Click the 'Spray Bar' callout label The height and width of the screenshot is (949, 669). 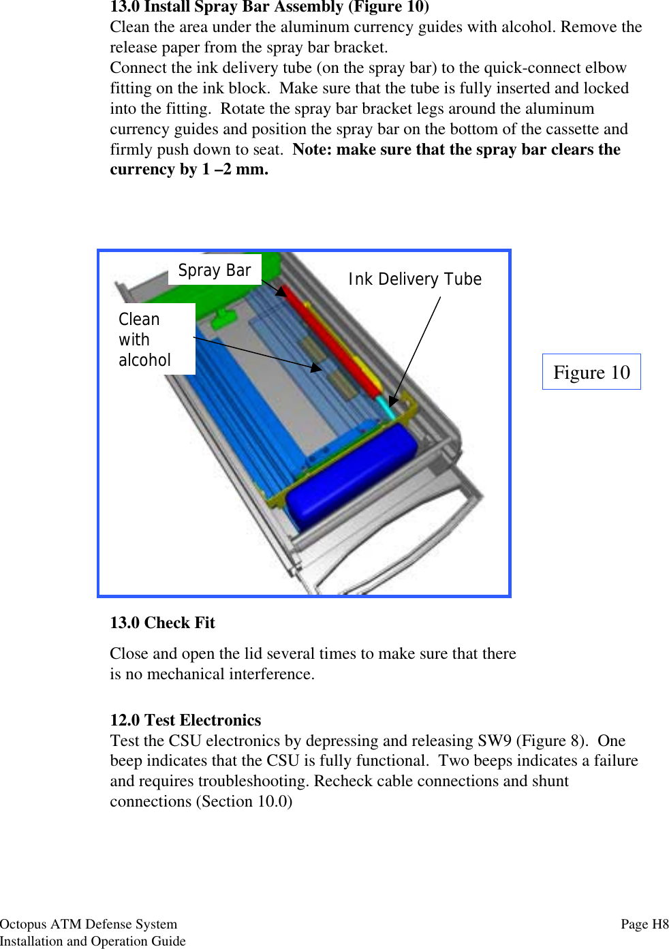pos(215,270)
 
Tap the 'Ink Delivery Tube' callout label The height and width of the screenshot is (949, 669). pos(415,279)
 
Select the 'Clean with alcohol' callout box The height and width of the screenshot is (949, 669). pos(145,339)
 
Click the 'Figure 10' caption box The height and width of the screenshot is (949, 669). pos(591,372)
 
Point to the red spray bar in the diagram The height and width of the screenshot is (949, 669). pos(331,341)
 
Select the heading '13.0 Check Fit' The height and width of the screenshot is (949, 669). pos(162,623)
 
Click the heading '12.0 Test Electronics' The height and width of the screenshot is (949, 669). pos(185,720)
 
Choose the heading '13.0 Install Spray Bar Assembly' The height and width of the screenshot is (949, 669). pos(269,7)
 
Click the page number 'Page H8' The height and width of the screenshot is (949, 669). pos(644,924)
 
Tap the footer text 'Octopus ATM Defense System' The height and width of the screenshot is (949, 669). pos(89,924)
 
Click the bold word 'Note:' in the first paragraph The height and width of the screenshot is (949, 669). pos(312,149)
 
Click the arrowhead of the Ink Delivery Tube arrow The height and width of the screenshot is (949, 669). pos(392,401)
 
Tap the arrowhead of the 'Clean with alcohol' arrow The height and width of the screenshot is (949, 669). pos(316,368)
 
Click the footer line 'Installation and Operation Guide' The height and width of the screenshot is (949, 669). pos(93,941)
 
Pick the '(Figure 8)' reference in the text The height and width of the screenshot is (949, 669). pos(552,741)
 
